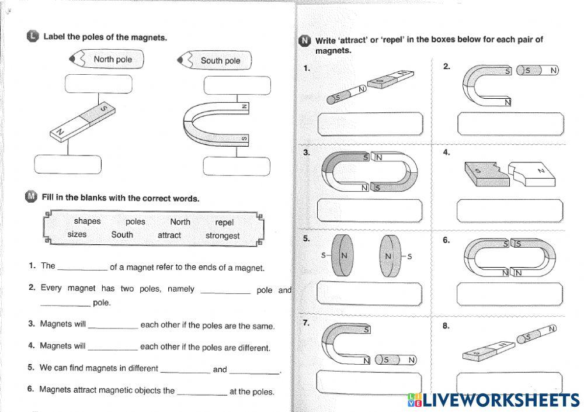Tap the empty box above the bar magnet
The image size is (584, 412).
tap(91, 84)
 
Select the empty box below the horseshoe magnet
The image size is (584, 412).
tap(237, 165)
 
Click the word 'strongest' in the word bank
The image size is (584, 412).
tap(223, 236)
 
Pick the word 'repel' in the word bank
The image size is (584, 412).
tap(224, 222)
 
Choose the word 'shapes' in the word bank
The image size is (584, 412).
tap(88, 221)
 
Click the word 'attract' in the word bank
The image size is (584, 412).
tap(169, 236)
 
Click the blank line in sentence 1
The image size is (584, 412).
tap(82, 268)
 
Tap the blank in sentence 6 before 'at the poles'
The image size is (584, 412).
tap(201, 392)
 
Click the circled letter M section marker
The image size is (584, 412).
tap(31, 197)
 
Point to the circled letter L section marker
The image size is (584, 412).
tap(33, 36)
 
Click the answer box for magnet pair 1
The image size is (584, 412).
tap(370, 124)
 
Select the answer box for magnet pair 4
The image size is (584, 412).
tap(510, 210)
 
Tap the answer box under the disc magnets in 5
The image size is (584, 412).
tap(370, 293)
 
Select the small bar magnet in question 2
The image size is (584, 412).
tap(538, 71)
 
